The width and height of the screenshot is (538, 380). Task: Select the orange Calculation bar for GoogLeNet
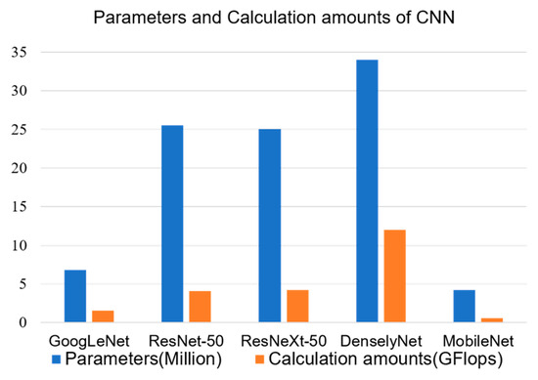click(103, 317)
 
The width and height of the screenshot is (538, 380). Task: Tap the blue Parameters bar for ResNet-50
click(172, 224)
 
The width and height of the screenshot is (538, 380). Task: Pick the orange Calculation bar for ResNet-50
click(200, 307)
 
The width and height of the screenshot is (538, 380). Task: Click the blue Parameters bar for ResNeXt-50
click(269, 226)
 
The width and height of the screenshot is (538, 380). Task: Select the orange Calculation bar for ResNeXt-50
click(297, 306)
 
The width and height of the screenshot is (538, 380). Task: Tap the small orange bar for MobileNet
click(492, 319)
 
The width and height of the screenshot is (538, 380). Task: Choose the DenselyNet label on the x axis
click(381, 341)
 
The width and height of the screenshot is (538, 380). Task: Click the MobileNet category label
click(478, 341)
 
